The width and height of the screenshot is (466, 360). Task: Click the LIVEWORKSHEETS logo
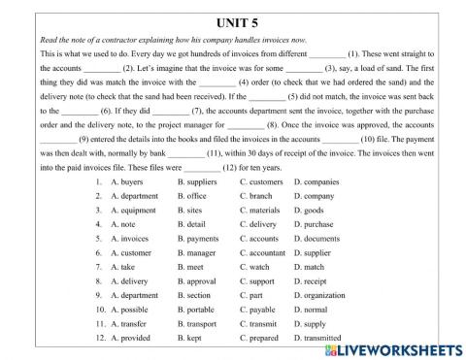[x=398, y=347]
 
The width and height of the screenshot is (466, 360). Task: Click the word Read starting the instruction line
[x=50, y=40]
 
